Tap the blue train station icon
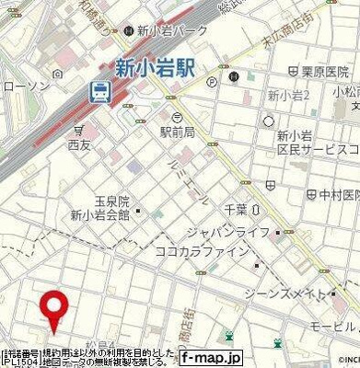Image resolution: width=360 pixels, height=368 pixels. click(99, 90)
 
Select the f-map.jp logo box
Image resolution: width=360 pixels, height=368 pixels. click(210, 357)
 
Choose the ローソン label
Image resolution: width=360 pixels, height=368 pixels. click(19, 86)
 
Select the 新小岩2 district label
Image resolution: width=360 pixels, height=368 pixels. click(287, 96)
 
